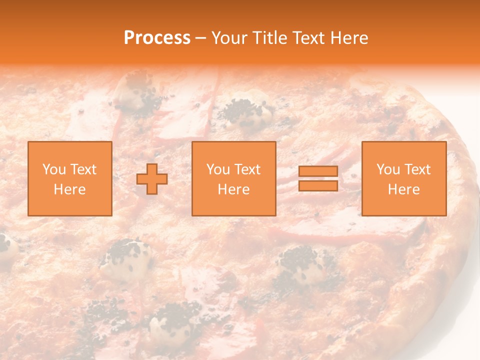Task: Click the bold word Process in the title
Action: tap(157, 38)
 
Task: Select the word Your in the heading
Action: tap(230, 38)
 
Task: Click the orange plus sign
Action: tap(152, 179)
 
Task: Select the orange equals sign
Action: tap(318, 178)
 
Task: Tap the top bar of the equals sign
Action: tap(318, 171)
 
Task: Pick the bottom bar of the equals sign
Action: tap(318, 185)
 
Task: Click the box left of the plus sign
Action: tap(70, 178)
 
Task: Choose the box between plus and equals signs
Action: tap(234, 178)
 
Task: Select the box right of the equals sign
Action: tap(404, 178)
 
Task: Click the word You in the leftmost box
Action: tap(53, 169)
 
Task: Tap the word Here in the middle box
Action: tap(234, 189)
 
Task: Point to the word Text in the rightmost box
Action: tap(416, 169)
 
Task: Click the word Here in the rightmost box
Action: tap(404, 189)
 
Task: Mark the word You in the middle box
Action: tap(217, 169)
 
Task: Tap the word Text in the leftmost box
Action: tap(82, 169)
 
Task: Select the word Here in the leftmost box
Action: tap(70, 189)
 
